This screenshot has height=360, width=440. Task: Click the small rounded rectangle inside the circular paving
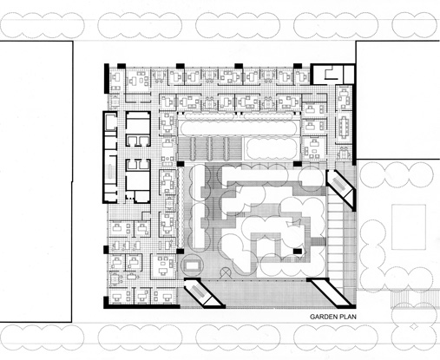pos(192,263)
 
